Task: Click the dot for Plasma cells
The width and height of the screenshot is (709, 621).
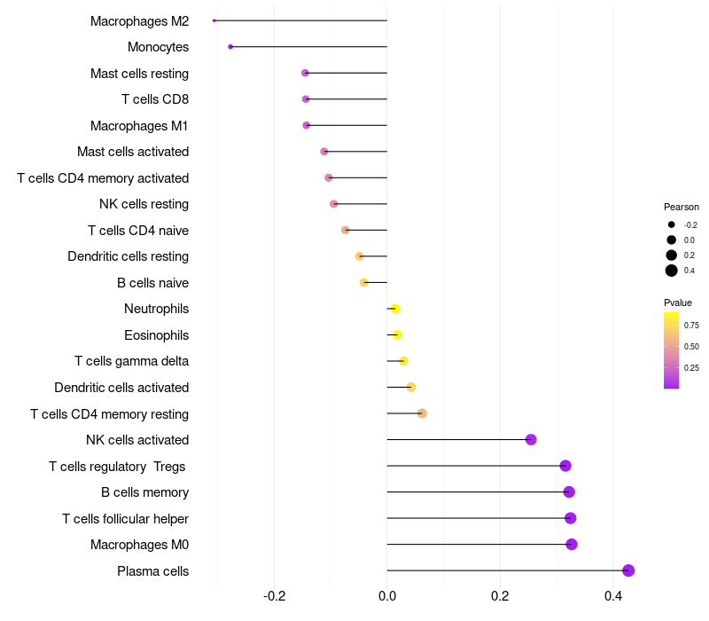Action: pyautogui.click(x=628, y=570)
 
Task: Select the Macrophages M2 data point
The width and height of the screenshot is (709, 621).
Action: pyautogui.click(x=214, y=20)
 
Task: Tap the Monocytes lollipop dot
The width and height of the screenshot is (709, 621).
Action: pyautogui.click(x=230, y=46)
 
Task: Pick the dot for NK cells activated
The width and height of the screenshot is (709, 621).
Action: pyautogui.click(x=531, y=440)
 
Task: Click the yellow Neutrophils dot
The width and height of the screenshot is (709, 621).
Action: pyautogui.click(x=395, y=309)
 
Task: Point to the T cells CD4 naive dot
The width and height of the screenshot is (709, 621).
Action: pyautogui.click(x=346, y=230)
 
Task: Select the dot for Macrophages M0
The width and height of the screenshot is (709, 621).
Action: pyautogui.click(x=572, y=544)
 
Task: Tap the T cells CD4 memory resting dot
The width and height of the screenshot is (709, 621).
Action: pyautogui.click(x=422, y=413)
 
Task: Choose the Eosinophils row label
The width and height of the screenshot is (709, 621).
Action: pyautogui.click(x=156, y=335)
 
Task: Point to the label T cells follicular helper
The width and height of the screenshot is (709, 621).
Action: pyautogui.click(x=125, y=518)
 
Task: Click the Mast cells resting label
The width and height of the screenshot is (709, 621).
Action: pyautogui.click(x=139, y=73)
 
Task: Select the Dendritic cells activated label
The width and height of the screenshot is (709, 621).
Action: pyautogui.click(x=121, y=388)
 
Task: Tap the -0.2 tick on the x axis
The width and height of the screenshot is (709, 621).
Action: pyautogui.click(x=274, y=596)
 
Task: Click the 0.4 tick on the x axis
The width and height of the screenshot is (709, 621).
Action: pyautogui.click(x=613, y=596)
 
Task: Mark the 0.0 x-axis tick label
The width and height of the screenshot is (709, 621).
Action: pyautogui.click(x=387, y=596)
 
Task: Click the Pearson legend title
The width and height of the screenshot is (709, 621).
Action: pyautogui.click(x=681, y=207)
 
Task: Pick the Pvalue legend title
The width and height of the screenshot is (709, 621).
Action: pyautogui.click(x=678, y=303)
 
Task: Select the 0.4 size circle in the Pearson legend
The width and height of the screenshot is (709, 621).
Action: pyautogui.click(x=672, y=271)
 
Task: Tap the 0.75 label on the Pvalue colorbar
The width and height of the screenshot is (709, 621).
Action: pyautogui.click(x=691, y=326)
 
